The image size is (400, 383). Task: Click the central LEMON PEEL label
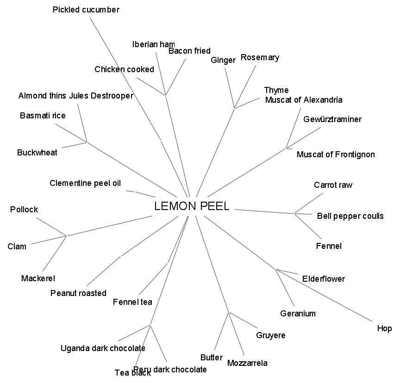[x=192, y=206]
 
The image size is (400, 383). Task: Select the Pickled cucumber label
[x=86, y=10]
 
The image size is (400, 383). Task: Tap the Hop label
[x=384, y=328]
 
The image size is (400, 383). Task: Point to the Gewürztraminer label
[x=332, y=119]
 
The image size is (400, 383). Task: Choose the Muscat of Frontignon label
[x=336, y=154]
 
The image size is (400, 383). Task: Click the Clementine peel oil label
[x=85, y=183]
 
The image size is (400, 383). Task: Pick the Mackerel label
[x=38, y=278]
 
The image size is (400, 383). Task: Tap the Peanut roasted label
[x=78, y=293]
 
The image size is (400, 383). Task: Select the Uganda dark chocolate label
[x=103, y=348]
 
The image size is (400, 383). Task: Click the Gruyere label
[x=271, y=335]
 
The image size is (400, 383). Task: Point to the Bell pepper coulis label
[x=350, y=216]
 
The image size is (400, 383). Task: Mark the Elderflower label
[x=324, y=279]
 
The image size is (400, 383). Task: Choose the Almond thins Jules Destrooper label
[x=76, y=96]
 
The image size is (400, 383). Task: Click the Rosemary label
[x=260, y=57]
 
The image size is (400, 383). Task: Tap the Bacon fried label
[x=189, y=51]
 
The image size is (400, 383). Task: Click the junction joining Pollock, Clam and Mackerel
[x=66, y=236]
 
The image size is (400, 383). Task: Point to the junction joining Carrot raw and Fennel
[x=295, y=213]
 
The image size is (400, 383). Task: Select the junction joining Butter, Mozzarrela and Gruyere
[x=229, y=312]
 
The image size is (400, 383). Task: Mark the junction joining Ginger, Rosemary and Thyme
[x=235, y=108]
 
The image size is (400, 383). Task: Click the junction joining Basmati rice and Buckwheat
[x=87, y=142]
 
